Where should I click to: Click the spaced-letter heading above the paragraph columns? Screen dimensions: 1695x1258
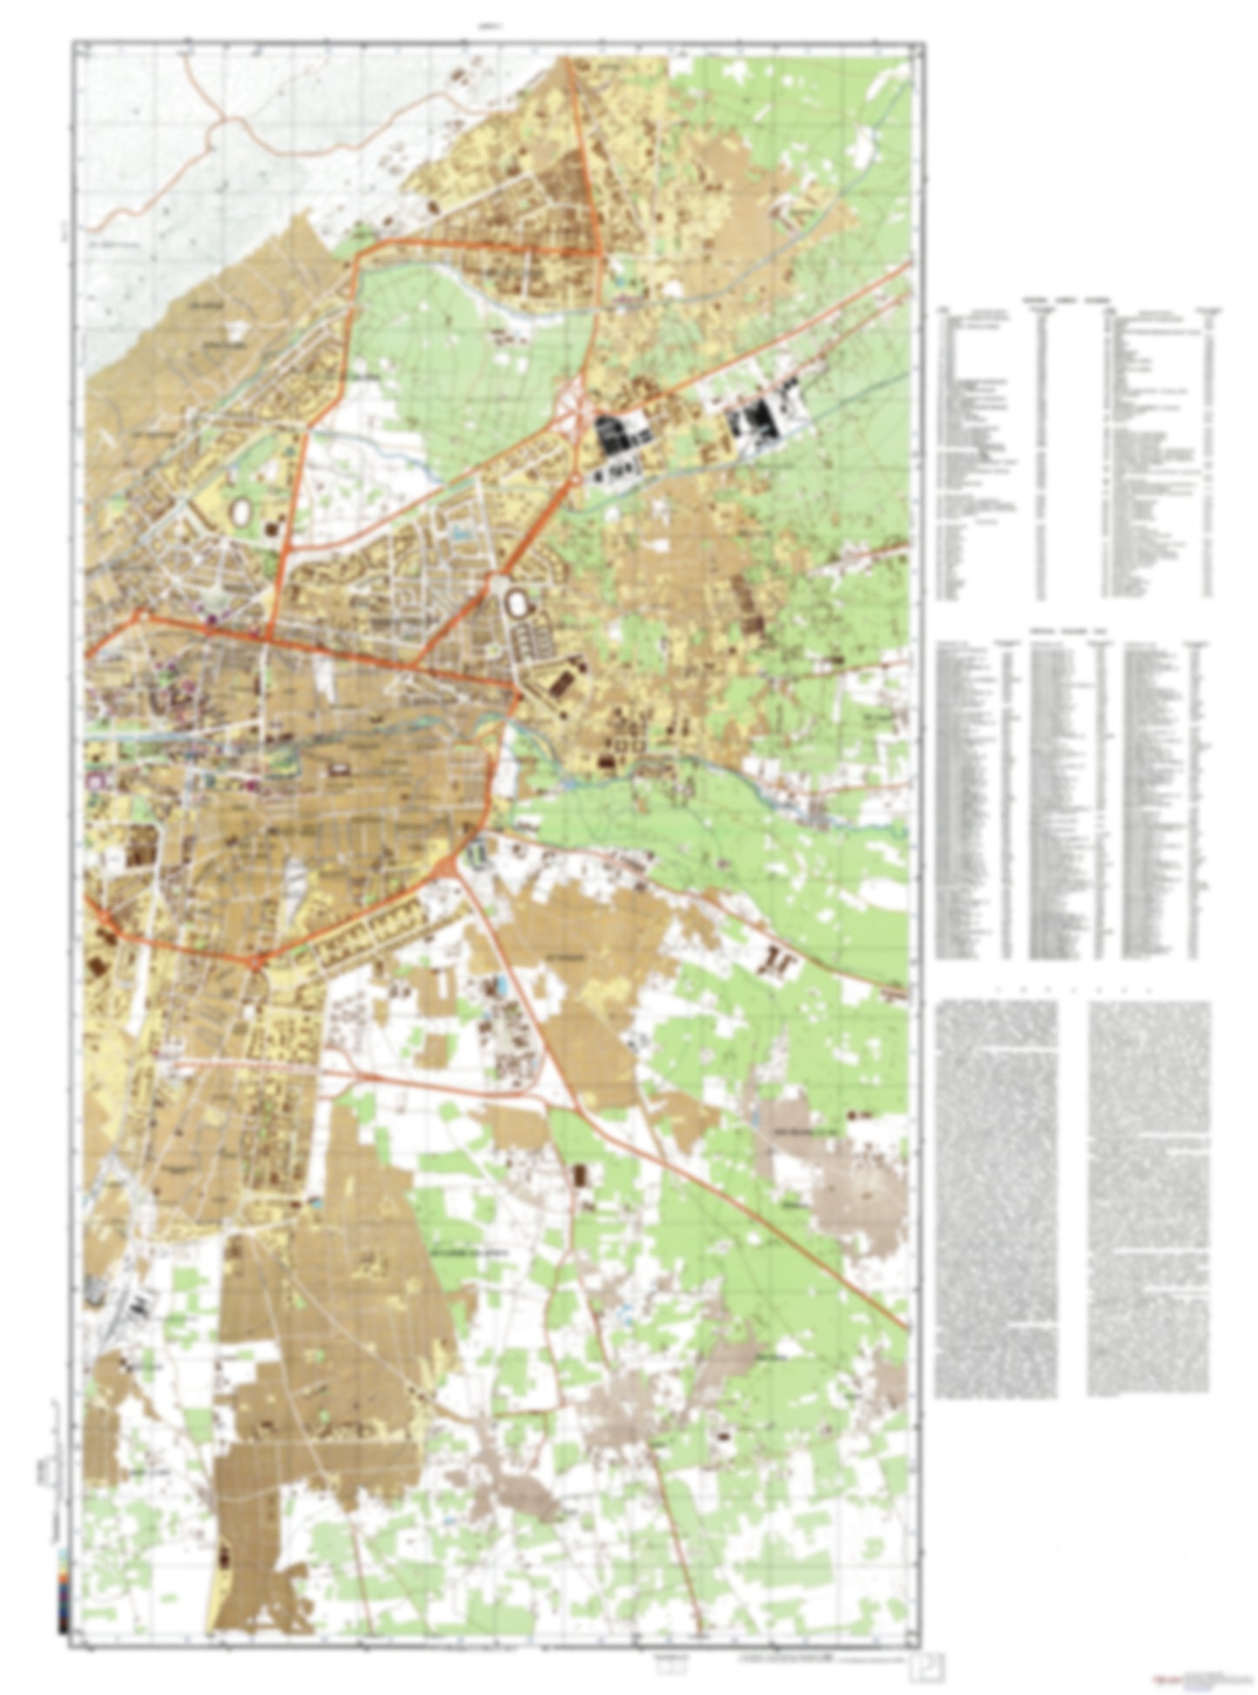[x=1073, y=990]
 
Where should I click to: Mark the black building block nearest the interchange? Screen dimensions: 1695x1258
[x=618, y=433]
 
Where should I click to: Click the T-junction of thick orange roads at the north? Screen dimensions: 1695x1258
[x=599, y=252]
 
